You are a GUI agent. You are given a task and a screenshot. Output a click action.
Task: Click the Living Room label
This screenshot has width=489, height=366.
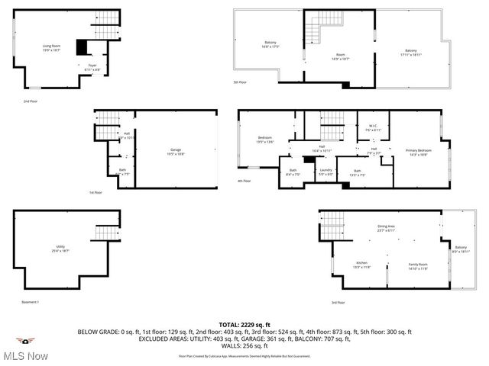coord(52,48)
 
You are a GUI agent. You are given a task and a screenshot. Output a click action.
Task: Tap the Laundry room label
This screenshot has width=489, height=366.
coord(325,172)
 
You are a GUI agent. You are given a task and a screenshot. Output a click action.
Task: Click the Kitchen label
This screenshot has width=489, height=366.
coord(361,265)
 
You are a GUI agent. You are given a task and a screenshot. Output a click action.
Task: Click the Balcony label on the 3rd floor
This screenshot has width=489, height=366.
coord(461,249)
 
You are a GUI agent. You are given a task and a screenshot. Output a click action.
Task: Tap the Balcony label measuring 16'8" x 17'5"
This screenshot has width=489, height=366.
coord(270,44)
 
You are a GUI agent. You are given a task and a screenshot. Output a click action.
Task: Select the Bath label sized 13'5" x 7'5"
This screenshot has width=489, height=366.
coord(357,172)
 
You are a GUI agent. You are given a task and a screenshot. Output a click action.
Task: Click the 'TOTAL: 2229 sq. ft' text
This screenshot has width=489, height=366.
coord(244,325)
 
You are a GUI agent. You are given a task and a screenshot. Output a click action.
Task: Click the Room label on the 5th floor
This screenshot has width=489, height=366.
coord(341,56)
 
